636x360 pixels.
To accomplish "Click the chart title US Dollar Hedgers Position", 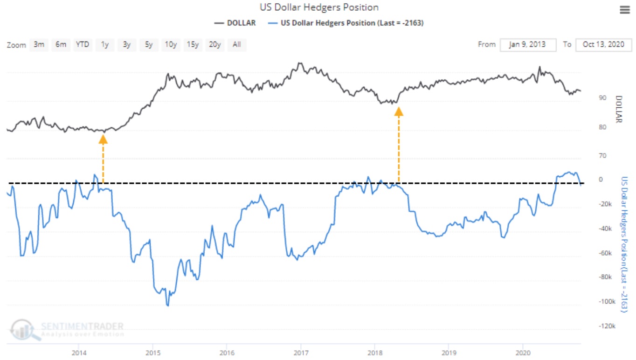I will pyautogui.click(x=319, y=7).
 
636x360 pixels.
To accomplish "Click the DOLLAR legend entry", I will pyautogui.click(x=235, y=23).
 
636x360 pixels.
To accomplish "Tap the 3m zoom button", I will pyautogui.click(x=39, y=45).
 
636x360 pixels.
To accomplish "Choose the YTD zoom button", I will pyautogui.click(x=83, y=45).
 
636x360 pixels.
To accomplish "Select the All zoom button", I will pyautogui.click(x=237, y=45).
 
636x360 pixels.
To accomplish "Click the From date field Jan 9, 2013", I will pyautogui.click(x=528, y=45).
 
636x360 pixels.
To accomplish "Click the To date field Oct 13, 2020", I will pyautogui.click(x=603, y=45).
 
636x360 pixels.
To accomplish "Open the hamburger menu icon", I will pyautogui.click(x=624, y=10).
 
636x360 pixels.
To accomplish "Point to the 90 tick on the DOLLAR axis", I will pyautogui.click(x=602, y=97).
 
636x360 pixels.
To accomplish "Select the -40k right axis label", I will pyautogui.click(x=605, y=228).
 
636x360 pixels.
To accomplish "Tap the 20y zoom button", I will pyautogui.click(x=214, y=45).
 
